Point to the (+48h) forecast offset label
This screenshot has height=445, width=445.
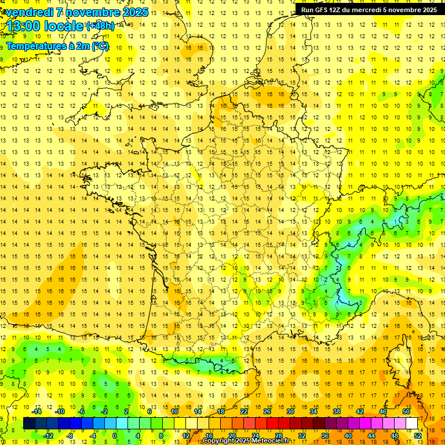pyautogui.click(x=100, y=26)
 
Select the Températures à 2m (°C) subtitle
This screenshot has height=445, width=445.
pyautogui.click(x=57, y=46)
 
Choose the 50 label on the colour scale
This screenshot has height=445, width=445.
pyautogui.click(x=406, y=411)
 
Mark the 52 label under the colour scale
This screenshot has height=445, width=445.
pyautogui.click(x=418, y=436)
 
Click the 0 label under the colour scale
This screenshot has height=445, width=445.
pyautogui.click(x=114, y=436)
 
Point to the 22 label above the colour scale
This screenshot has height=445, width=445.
pyautogui.click(x=244, y=411)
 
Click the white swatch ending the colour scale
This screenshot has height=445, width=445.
pyautogui.click(x=412, y=424)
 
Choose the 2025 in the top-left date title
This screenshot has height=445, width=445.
pyautogui.click(x=133, y=12)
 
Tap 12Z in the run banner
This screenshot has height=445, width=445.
pyautogui.click(x=338, y=10)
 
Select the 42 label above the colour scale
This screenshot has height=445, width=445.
pyautogui.click(x=360, y=411)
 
